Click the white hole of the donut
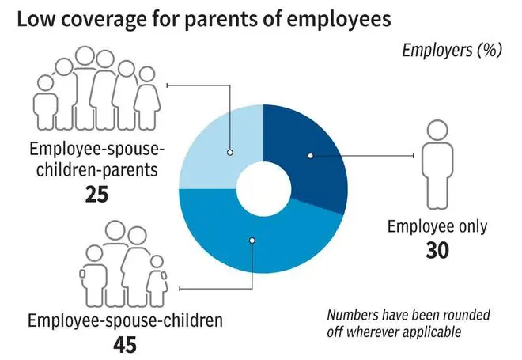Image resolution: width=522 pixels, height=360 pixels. click(x=263, y=189)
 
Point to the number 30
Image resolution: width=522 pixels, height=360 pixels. click(x=437, y=250)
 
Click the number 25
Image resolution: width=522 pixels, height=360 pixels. click(x=96, y=194)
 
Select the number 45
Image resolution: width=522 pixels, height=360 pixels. click(x=125, y=345)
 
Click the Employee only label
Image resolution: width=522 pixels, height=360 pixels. click(x=437, y=226)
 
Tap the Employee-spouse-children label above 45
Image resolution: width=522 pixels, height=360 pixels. click(x=125, y=320)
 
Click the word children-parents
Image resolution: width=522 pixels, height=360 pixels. click(x=96, y=169)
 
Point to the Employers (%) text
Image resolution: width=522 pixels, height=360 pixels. click(x=452, y=51)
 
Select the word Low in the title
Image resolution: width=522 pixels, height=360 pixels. click(x=36, y=19)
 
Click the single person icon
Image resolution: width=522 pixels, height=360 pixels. click(x=437, y=165)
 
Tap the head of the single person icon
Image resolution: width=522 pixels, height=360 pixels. click(x=437, y=131)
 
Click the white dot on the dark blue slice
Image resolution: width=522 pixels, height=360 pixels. click(x=310, y=156)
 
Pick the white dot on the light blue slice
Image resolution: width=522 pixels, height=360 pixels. click(x=229, y=153)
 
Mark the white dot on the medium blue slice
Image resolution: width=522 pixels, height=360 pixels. click(x=252, y=241)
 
